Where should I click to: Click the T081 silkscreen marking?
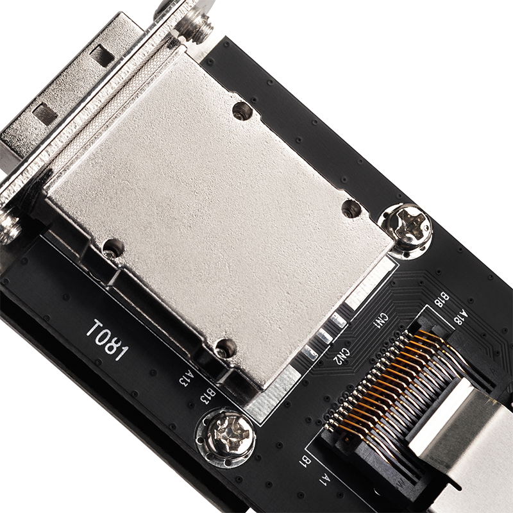(x=106, y=341)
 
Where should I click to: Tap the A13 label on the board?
(x=186, y=378)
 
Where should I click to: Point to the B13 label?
(x=207, y=396)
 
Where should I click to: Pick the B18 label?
(x=442, y=299)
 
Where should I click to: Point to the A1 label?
(x=324, y=479)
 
